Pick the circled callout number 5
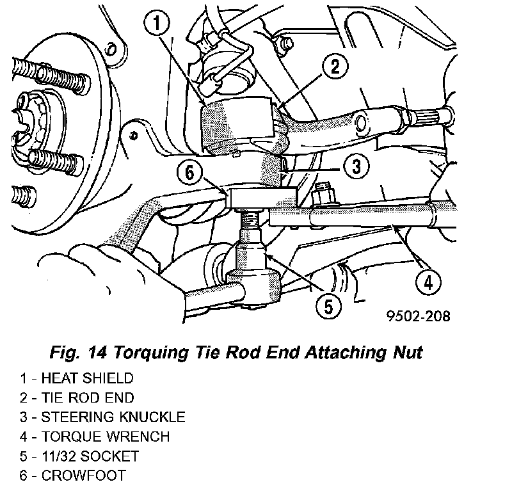click(328, 306)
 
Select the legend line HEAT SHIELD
click(77, 378)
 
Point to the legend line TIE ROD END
click(77, 397)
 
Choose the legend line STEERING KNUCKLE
click(102, 417)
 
